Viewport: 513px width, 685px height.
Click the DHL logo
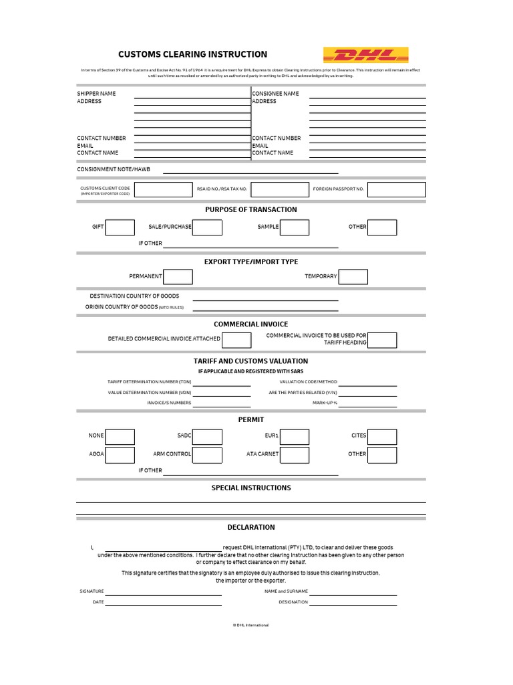(365, 55)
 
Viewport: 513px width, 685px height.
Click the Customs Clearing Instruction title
(192, 54)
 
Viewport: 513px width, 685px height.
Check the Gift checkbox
(120, 227)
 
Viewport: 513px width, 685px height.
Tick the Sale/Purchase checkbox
(207, 227)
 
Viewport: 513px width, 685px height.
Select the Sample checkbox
(295, 227)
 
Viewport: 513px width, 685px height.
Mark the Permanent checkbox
(178, 276)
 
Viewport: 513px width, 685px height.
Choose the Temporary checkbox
(353, 276)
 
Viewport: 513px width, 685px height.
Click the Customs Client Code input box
(163, 189)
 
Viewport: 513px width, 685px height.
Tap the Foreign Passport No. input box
(396, 189)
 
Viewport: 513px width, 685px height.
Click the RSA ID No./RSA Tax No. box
(280, 189)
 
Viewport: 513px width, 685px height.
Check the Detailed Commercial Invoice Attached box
(236, 340)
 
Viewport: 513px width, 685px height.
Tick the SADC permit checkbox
(207, 437)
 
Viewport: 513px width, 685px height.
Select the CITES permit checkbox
(382, 437)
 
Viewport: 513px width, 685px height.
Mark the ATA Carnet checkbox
(295, 455)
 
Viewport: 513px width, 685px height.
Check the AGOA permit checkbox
(120, 455)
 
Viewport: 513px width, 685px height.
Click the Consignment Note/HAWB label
(114, 169)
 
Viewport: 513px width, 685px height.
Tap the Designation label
(293, 602)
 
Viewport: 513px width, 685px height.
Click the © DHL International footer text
(251, 625)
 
